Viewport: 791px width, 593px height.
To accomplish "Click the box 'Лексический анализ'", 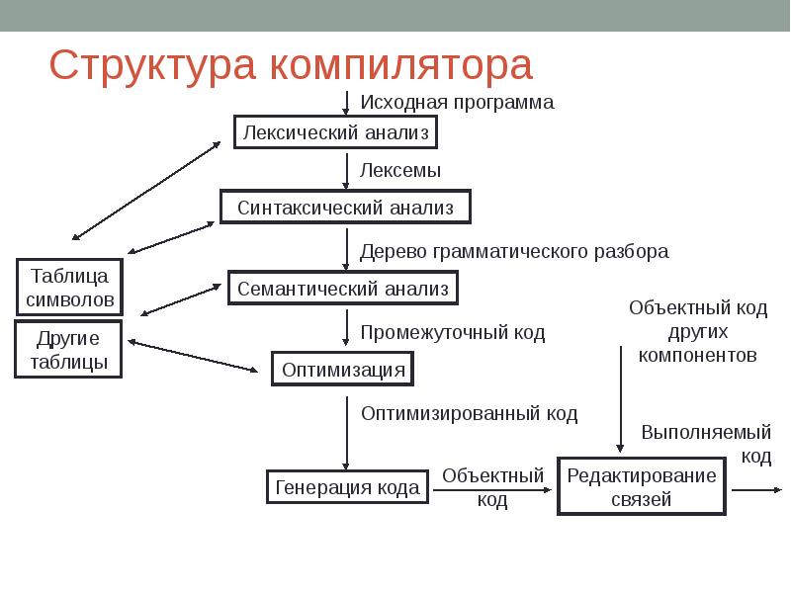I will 335,131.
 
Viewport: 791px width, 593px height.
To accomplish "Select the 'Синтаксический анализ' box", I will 345,208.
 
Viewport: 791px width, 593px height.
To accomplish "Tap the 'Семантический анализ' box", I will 343,288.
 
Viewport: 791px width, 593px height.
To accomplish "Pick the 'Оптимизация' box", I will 343,370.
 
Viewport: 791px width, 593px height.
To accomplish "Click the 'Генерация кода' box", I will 347,487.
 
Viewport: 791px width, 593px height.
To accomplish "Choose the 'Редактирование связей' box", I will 642,487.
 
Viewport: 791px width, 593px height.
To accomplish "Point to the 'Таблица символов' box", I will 69,286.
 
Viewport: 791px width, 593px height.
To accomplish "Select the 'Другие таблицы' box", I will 69,350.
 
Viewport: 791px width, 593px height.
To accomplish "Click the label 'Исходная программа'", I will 457,102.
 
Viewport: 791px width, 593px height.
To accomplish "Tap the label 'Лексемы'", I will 400,170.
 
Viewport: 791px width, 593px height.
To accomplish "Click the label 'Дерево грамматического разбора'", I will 514,251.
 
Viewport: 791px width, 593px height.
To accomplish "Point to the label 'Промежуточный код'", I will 452,333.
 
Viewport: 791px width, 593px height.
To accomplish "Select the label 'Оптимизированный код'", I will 469,412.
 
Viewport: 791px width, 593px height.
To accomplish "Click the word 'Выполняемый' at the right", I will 706,432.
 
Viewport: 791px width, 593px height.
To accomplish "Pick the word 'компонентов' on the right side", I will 698,355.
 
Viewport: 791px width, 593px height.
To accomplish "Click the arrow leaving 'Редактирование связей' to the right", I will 756,489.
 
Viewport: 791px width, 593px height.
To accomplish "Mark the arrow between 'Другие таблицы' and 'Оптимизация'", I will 193,357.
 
